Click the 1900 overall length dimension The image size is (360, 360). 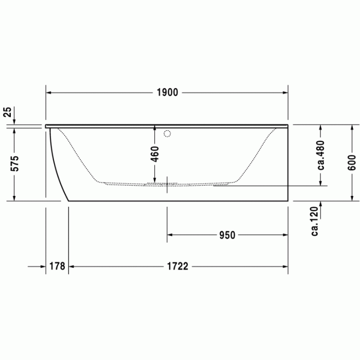[x=167, y=93]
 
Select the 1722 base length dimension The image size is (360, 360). [x=177, y=266]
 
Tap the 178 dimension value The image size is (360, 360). [x=57, y=266]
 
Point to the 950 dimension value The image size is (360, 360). [x=227, y=235]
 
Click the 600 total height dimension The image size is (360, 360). [x=351, y=163]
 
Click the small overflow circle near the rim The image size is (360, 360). [x=166, y=135]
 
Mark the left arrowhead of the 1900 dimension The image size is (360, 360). [x=49, y=93]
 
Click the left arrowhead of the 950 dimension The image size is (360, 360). [x=170, y=235]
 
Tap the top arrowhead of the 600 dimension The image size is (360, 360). [x=352, y=128]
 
